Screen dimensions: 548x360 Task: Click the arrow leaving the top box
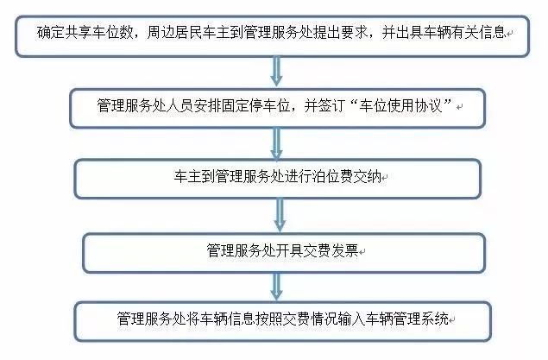pos(276,72)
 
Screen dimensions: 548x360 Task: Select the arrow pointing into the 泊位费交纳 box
pos(276,144)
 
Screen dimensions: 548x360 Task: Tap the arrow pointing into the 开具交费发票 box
pos(280,215)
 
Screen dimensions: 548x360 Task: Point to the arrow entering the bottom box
pos(276,287)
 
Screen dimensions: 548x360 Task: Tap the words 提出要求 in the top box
pos(341,33)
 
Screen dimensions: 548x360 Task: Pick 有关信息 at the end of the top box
pos(479,33)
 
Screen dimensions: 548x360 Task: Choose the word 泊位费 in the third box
pos(333,177)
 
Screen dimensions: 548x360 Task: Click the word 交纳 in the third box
pos(368,177)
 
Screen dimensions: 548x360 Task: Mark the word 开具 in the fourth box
pos(289,250)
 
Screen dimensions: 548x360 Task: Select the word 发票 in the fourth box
pos(344,250)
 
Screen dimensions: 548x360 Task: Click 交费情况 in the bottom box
pos(310,319)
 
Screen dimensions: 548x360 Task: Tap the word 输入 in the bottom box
pos(351,319)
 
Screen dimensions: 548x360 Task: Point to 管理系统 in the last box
pos(420,319)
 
